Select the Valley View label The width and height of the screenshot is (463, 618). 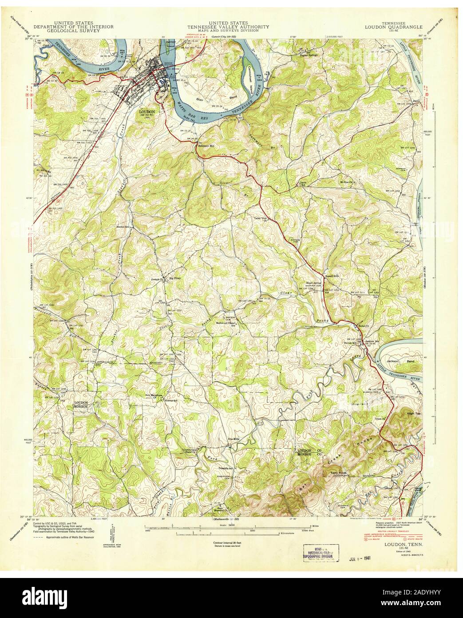pyautogui.click(x=261, y=218)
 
